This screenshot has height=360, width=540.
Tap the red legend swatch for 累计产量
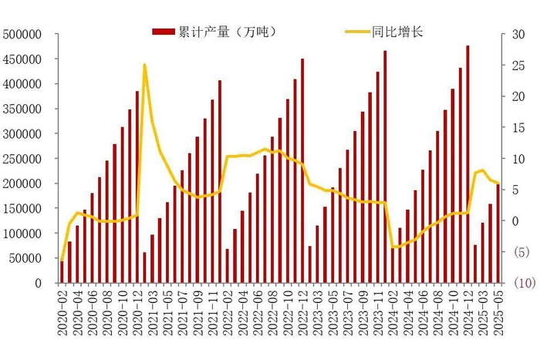pos(164,32)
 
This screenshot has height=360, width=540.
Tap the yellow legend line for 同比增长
pos(356,32)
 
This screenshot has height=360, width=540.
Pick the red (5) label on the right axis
pos(521,252)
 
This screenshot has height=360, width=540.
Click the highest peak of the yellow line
pos(144,65)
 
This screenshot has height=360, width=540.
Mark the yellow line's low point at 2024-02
pos(393,247)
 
